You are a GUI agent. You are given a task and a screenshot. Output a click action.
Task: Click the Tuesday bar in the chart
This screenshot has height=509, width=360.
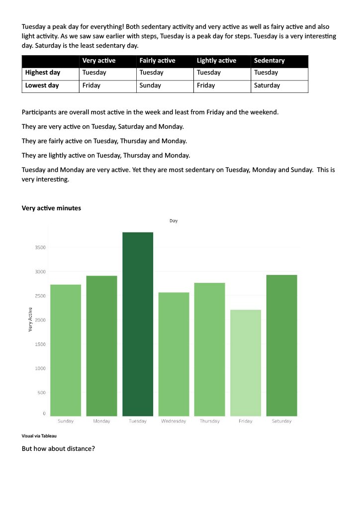pyautogui.click(x=138, y=324)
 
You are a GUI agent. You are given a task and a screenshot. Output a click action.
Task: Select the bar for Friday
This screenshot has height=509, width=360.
pyautogui.click(x=246, y=363)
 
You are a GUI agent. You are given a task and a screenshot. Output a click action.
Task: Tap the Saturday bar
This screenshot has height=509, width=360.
pyautogui.click(x=281, y=345)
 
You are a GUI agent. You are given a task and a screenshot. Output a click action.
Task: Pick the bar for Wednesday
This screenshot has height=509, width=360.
pyautogui.click(x=174, y=354)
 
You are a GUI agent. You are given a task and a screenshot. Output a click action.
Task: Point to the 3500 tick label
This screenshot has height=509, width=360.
pyautogui.click(x=40, y=248)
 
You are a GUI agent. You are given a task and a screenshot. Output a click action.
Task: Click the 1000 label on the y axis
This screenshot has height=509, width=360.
pyautogui.click(x=40, y=368)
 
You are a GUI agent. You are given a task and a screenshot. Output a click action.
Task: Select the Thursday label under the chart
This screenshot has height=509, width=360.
pyautogui.click(x=210, y=421)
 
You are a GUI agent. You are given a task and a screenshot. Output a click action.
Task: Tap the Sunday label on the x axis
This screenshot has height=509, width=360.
pyautogui.click(x=66, y=421)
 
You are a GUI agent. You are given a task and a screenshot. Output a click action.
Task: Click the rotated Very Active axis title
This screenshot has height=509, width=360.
pyautogui.click(x=30, y=320)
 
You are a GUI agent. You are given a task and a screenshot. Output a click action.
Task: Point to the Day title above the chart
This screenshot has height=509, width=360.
pyautogui.click(x=174, y=221)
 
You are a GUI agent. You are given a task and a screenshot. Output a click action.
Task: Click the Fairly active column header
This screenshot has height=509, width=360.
pyautogui.click(x=158, y=60)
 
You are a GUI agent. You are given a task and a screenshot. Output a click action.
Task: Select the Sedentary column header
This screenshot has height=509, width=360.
pyautogui.click(x=270, y=60)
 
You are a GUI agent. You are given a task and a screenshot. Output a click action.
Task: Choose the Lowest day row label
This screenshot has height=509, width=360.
pyautogui.click(x=42, y=85)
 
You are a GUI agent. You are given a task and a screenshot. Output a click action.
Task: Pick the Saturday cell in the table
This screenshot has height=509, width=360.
pyautogui.click(x=267, y=85)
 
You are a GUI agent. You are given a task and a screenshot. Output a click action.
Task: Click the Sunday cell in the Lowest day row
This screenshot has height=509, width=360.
pyautogui.click(x=150, y=85)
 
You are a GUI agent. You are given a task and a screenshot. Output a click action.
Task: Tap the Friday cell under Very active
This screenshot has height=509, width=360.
pyautogui.click(x=91, y=85)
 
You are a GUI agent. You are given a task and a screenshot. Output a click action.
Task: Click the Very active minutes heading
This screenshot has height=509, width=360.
pyautogui.click(x=51, y=208)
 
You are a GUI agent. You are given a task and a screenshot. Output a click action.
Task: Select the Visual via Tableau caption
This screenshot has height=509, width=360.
pyautogui.click(x=39, y=436)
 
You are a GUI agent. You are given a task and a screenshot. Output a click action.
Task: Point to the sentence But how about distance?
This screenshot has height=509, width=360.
pyautogui.click(x=59, y=449)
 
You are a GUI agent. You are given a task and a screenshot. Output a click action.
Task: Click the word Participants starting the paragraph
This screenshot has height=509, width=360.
pyautogui.click(x=39, y=112)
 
